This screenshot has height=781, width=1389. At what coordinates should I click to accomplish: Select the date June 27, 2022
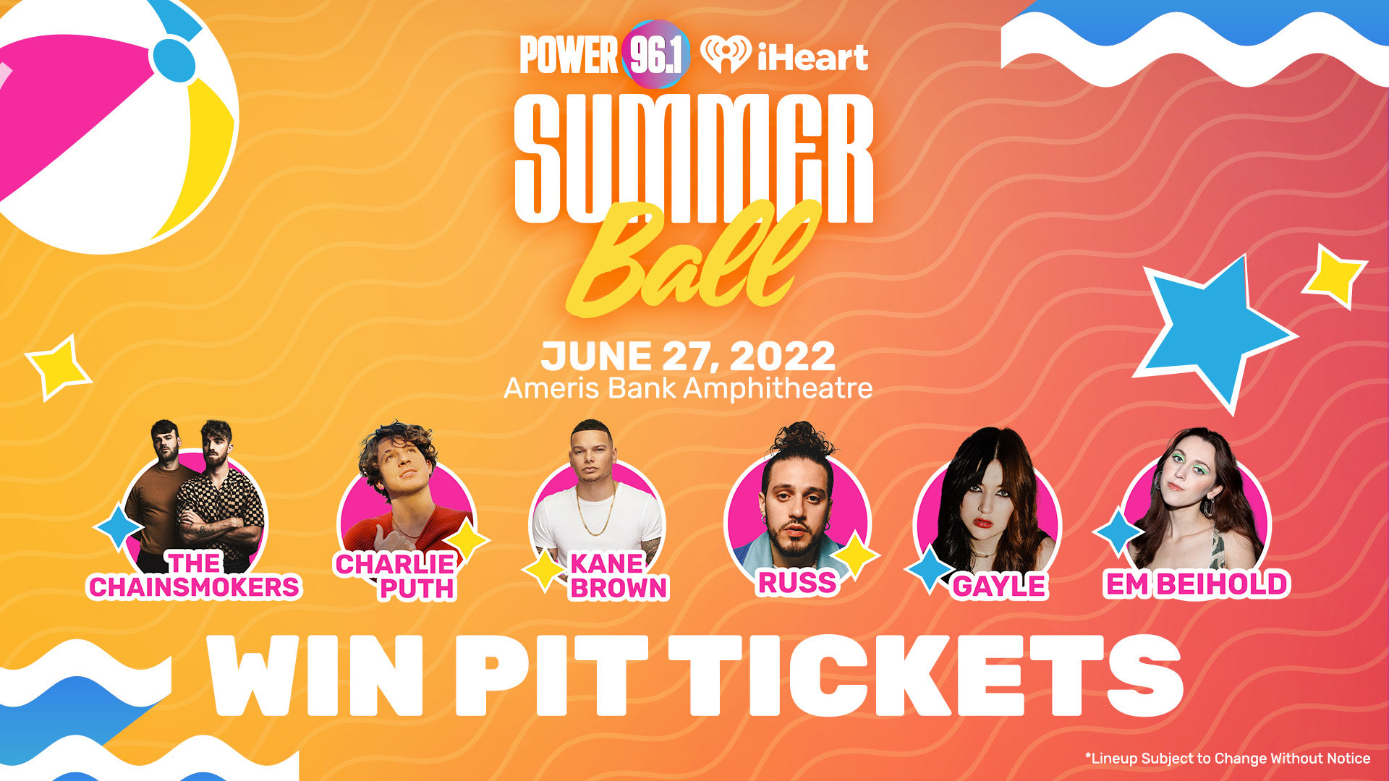[688, 357]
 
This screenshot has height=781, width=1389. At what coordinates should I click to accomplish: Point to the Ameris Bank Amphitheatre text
[688, 388]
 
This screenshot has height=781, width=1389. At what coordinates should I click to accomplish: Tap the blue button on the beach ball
[174, 60]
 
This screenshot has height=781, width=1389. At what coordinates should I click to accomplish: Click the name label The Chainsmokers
[194, 576]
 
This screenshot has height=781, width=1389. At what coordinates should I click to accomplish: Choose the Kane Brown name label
[617, 576]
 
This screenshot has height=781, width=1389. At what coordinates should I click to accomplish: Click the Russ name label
[797, 582]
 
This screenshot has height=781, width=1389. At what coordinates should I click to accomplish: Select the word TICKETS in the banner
[926, 675]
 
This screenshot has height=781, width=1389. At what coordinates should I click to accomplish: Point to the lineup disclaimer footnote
[1227, 758]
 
